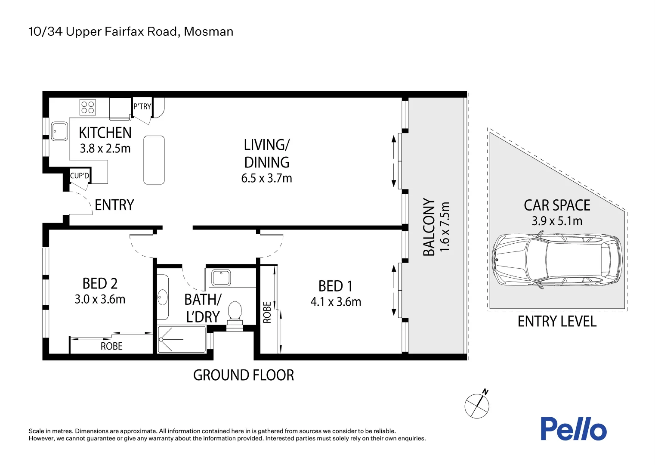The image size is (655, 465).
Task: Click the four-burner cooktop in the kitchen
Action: pos(87,107)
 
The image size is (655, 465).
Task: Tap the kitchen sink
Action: pos(60,131)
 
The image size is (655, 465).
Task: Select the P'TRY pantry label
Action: pos(142,106)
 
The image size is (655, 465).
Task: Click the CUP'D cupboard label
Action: pos(80,176)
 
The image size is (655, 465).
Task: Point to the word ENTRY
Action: pos(114,205)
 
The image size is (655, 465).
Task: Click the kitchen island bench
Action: pos(154,160)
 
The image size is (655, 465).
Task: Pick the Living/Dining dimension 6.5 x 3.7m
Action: pos(267,178)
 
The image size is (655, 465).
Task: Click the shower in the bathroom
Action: pos(182,339)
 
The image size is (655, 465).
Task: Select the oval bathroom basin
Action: pos(163,298)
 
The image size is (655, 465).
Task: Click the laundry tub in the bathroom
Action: pos(221,277)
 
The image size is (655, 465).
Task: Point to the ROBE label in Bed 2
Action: pos(111,346)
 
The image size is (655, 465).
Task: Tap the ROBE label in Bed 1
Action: pos(267,313)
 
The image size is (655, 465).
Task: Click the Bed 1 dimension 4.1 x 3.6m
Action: pos(336,302)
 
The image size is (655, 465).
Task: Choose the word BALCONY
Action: pos(429,227)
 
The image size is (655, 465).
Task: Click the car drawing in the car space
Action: pos(557,260)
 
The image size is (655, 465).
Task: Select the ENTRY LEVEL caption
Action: pos(557,321)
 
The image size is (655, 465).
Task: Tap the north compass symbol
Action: pos(477,404)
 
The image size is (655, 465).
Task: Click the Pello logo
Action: pos(574,428)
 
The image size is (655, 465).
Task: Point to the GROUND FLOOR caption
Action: pos(244,375)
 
